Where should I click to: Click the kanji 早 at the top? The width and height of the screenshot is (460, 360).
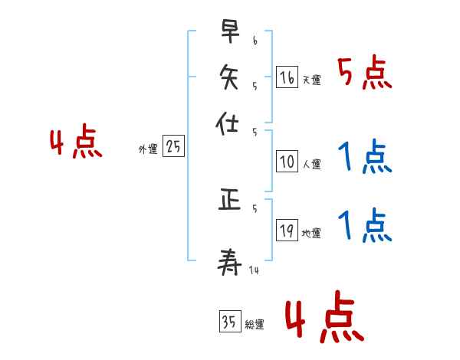click(228, 33)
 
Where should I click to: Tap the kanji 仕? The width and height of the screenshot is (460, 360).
click(228, 123)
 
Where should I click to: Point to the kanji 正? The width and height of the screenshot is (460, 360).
click(228, 201)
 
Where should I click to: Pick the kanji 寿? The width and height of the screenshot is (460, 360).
click(228, 261)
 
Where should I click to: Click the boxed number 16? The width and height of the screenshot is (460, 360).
click(287, 77)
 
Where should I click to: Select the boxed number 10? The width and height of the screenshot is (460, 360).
click(287, 162)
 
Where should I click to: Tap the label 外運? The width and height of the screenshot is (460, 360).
click(148, 150)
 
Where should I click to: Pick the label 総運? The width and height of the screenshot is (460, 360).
click(254, 325)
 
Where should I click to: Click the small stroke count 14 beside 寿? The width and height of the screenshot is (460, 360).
click(254, 270)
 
